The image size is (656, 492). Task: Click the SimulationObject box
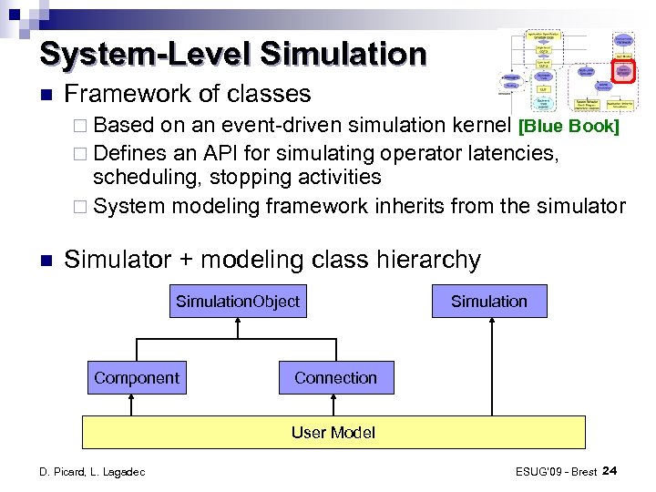[237, 302]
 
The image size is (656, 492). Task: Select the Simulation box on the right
[489, 302]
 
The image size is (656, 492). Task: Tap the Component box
[137, 377]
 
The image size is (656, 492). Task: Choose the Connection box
[335, 377]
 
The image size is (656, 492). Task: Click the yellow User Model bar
[333, 433]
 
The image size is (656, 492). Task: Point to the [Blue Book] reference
[569, 127]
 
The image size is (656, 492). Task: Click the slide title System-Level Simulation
[233, 54]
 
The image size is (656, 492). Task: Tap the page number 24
[610, 470]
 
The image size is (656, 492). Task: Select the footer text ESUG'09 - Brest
[556, 471]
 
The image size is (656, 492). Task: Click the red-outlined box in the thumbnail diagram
[623, 72]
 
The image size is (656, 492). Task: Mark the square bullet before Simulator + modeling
[46, 261]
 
